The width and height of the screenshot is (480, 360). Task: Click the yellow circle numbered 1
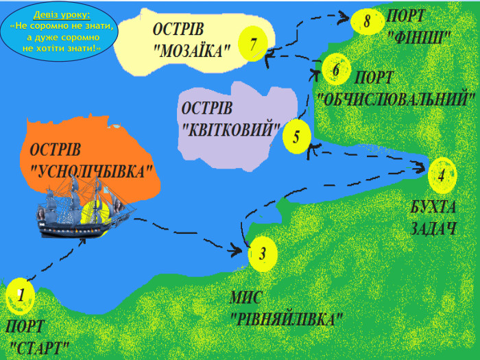tap(21, 296)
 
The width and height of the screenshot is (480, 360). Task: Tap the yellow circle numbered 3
tap(263, 253)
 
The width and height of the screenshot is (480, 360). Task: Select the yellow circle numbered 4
tap(442, 175)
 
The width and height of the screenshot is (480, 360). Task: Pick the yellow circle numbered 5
tap(296, 136)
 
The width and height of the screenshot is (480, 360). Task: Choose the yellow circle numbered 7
tap(253, 45)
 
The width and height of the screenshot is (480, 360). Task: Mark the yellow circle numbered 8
tap(367, 21)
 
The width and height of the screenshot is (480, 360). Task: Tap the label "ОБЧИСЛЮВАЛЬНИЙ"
tap(397, 97)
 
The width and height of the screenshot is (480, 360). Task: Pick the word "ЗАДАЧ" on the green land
tap(433, 228)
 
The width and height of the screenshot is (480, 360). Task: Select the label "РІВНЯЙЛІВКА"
tap(287, 320)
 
